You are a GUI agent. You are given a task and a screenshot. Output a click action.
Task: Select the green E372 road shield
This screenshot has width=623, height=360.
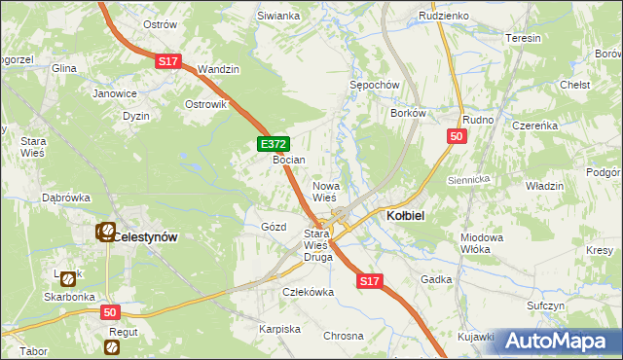coord(273,144)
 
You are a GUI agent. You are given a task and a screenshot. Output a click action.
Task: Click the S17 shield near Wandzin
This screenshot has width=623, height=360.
coord(167,61)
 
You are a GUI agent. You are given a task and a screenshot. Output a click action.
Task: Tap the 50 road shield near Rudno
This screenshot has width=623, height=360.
coord(456,137)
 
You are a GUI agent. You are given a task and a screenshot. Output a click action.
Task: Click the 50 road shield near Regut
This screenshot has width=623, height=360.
coord(110,311)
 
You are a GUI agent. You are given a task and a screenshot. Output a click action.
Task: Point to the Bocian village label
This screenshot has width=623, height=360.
coord(289,160)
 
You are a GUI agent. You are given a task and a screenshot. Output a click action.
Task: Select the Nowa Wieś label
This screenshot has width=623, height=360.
coord(324,191)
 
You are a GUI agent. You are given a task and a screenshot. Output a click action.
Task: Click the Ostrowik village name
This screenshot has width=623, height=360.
coord(205,104)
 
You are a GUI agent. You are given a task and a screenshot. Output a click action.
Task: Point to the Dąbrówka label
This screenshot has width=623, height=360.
coord(66,198)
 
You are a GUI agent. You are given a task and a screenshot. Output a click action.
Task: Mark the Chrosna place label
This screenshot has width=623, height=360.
coord(343,335)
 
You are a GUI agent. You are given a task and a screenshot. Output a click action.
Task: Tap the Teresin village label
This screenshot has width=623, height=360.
coord(524,38)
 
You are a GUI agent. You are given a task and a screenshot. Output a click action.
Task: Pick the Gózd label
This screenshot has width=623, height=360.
coord(274,227)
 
